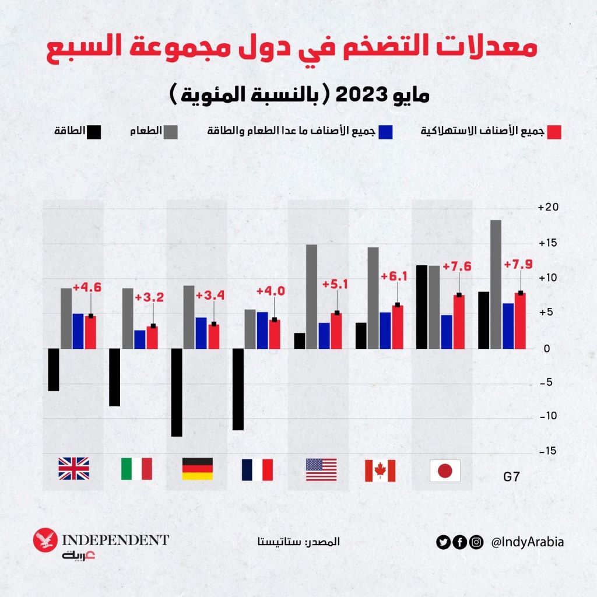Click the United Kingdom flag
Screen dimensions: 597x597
(74, 469)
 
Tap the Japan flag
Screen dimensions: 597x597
(445, 470)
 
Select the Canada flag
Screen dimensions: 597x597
(380, 470)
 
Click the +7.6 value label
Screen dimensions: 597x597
(457, 266)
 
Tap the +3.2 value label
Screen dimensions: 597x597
(149, 297)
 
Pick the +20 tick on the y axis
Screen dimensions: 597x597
(548, 208)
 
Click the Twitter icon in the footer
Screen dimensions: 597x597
(444, 542)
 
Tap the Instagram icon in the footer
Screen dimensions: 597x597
(476, 542)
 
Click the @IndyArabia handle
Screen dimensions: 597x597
(528, 542)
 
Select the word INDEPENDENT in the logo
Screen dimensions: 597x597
(115, 540)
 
